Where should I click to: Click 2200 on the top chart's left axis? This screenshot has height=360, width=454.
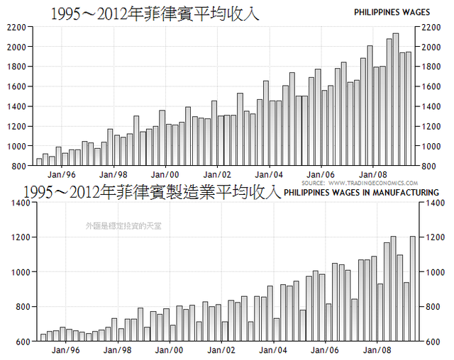15,27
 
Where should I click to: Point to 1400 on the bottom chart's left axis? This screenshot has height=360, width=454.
15,203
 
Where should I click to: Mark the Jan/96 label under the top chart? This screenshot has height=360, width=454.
61,174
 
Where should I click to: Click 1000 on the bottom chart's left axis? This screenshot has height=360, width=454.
15,272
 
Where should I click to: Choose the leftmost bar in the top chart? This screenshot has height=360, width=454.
39,162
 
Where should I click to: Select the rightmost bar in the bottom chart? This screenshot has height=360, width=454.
413,288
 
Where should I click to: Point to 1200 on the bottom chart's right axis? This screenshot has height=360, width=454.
431,237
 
